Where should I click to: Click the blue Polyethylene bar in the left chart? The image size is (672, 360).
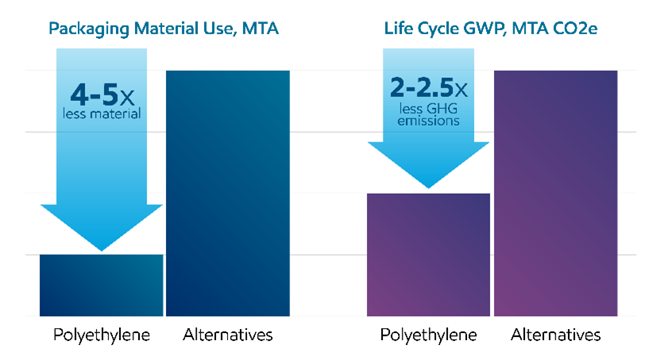click(x=101, y=286)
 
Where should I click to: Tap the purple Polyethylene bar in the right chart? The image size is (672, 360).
click(x=428, y=254)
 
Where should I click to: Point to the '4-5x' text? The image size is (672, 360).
click(x=102, y=95)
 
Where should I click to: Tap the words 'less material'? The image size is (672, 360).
click(x=102, y=114)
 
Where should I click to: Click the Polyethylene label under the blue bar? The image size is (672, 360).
click(x=101, y=335)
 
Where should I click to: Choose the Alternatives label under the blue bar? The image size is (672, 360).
click(x=227, y=335)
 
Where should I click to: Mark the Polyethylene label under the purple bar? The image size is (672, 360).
click(x=428, y=335)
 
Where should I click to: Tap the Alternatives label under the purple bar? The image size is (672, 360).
click(x=555, y=335)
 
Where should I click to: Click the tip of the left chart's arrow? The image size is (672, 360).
click(x=102, y=249)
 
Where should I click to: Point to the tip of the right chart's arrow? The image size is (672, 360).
click(x=429, y=187)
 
